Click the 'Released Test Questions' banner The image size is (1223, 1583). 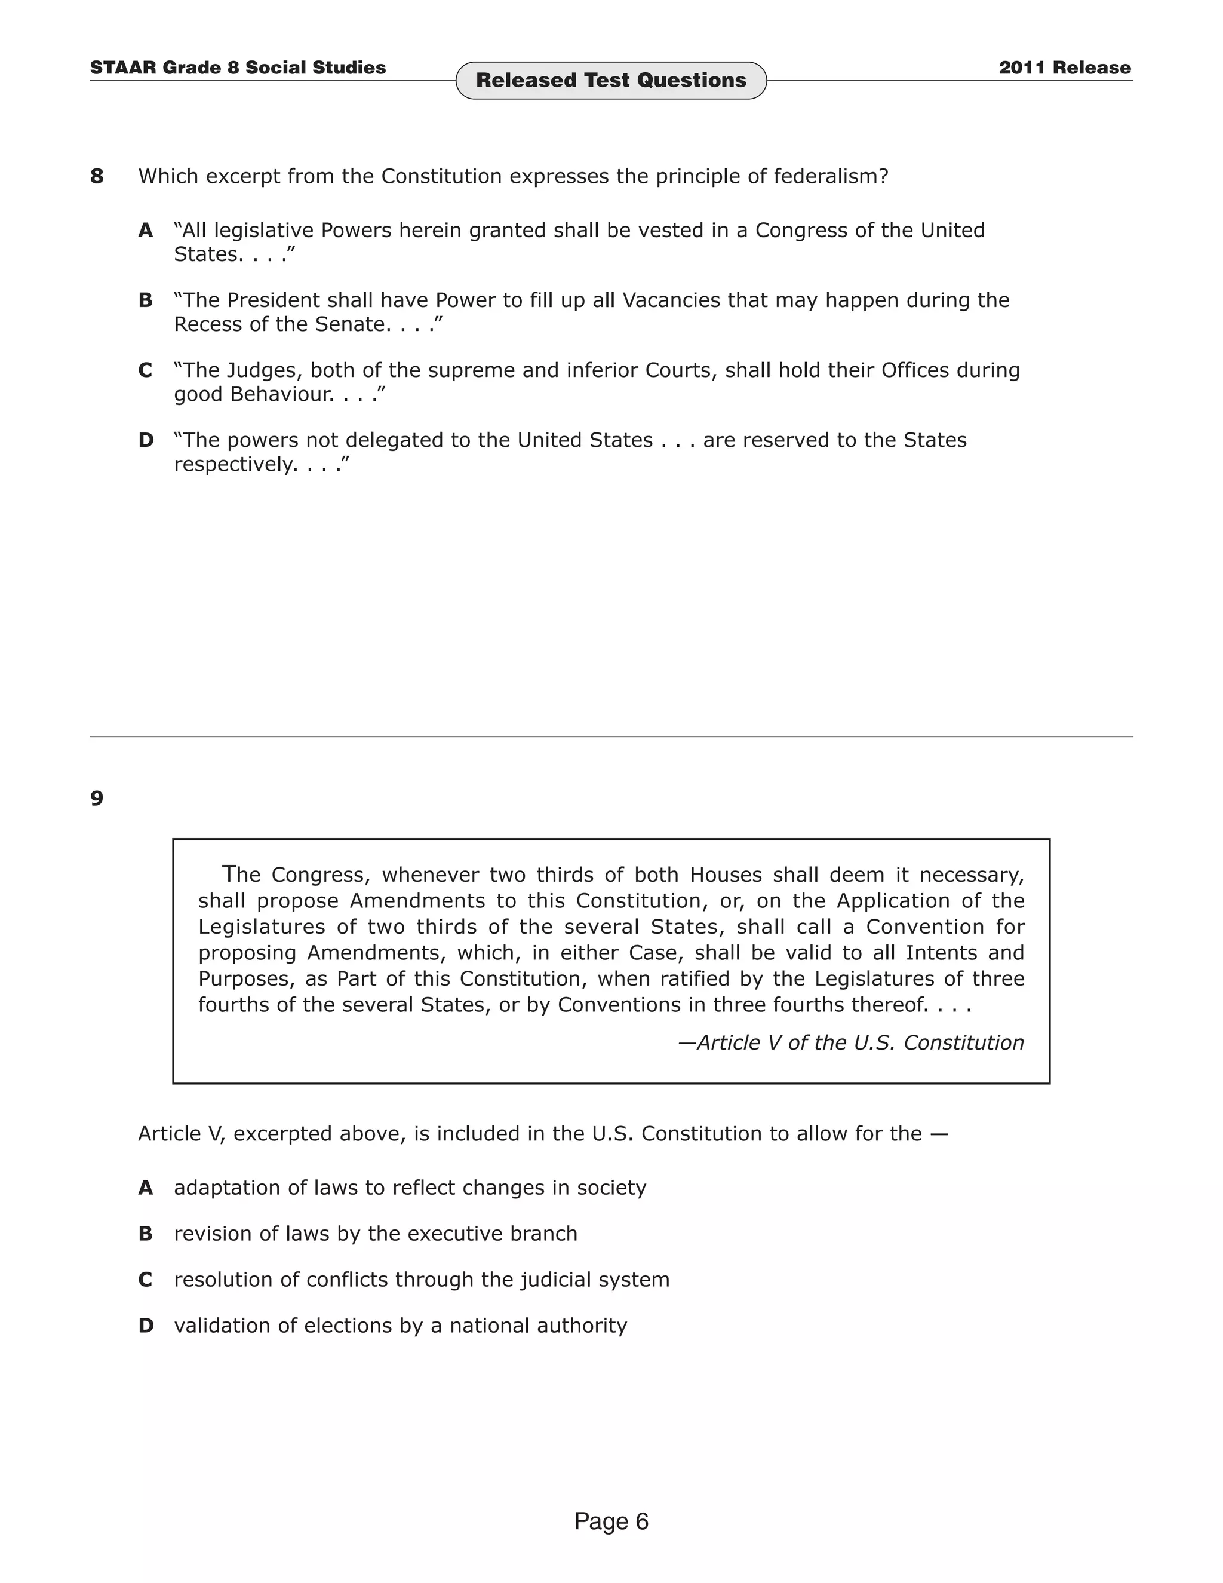(x=611, y=81)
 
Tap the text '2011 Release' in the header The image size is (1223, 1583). (x=1064, y=68)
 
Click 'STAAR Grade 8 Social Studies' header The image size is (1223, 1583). (x=238, y=68)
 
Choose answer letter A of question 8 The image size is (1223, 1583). (x=146, y=231)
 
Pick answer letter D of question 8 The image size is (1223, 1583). (x=146, y=440)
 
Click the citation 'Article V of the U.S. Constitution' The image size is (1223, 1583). (x=859, y=1042)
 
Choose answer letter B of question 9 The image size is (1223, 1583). (x=146, y=1234)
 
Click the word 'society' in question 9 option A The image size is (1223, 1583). (x=611, y=1188)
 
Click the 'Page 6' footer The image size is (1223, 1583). (x=611, y=1521)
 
